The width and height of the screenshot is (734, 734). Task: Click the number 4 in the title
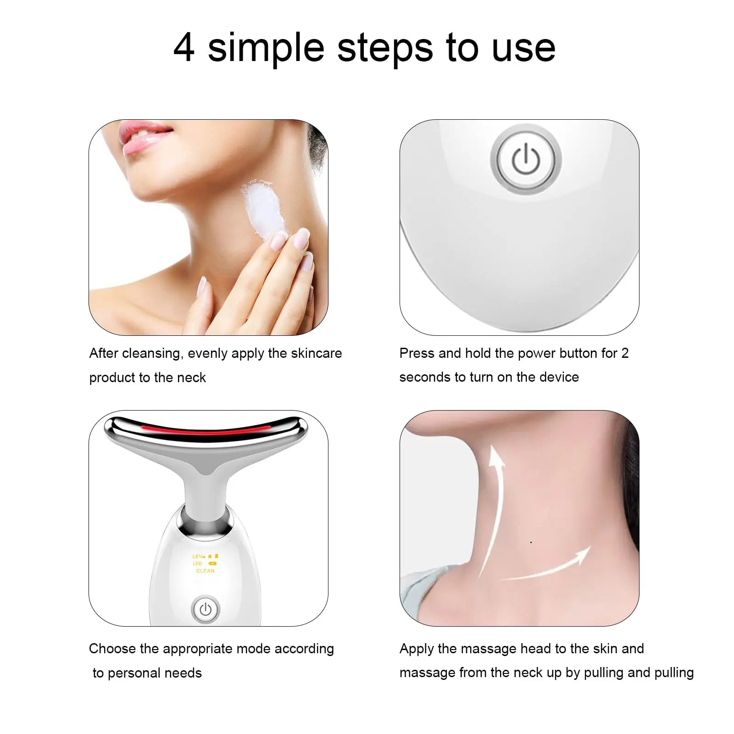pyautogui.click(x=184, y=48)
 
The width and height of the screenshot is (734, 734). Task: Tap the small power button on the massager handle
pyautogui.click(x=206, y=609)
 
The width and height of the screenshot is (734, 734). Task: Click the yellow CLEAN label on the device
pyautogui.click(x=205, y=571)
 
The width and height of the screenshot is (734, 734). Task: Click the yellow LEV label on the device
pyautogui.click(x=198, y=556)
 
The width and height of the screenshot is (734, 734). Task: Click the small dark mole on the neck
pyautogui.click(x=531, y=542)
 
